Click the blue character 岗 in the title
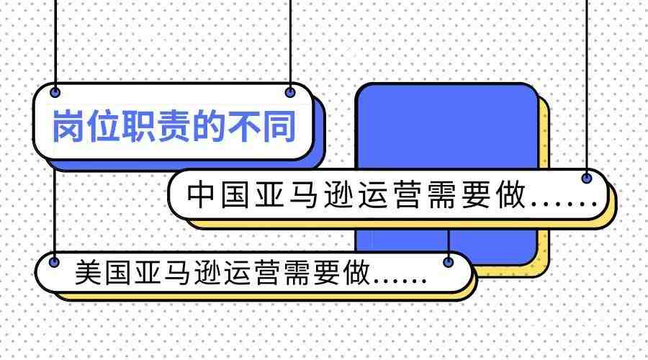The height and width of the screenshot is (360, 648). [x=68, y=126]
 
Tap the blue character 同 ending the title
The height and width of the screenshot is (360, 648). [x=279, y=126]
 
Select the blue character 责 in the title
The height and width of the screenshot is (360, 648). [x=174, y=126]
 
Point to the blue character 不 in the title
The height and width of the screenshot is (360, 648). [x=244, y=126]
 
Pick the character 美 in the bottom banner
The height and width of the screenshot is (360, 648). [x=88, y=272]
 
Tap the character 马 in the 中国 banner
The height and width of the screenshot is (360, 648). [x=303, y=194]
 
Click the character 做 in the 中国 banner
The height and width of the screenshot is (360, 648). [x=510, y=194]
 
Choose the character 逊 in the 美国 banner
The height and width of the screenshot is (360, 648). [x=207, y=272]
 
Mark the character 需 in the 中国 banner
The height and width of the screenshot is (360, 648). [x=442, y=194]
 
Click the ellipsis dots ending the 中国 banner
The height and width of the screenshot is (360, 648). [x=564, y=204]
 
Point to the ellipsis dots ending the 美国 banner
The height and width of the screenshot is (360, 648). [x=400, y=281]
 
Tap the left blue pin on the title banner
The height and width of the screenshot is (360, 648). [x=55, y=92]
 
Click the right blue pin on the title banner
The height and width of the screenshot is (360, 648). [x=290, y=92]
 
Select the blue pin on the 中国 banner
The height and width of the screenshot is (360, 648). [x=586, y=178]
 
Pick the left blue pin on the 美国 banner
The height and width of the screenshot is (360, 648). [x=54, y=261]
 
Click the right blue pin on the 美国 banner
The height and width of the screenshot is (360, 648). [x=449, y=261]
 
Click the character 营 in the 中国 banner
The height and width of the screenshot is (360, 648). [x=408, y=194]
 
